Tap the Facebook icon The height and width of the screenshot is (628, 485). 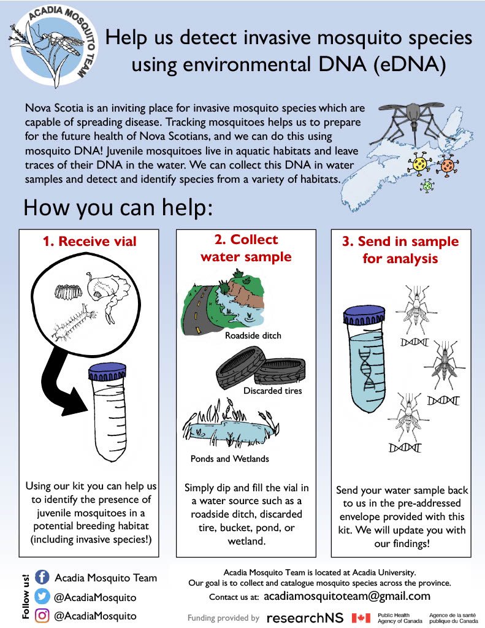42,577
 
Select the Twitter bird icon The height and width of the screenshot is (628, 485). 42,597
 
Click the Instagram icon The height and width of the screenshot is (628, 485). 42,616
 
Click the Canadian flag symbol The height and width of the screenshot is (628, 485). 361,618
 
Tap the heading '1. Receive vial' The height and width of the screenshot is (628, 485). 90,241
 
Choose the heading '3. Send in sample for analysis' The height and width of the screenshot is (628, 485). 400,249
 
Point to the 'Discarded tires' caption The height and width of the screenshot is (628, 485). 272,391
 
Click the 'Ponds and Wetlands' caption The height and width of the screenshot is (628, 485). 229,458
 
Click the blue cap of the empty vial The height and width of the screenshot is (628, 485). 107,372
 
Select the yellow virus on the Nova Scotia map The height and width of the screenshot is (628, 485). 420,164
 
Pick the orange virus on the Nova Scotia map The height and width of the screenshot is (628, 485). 449,166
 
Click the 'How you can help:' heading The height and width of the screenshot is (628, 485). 118,208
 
